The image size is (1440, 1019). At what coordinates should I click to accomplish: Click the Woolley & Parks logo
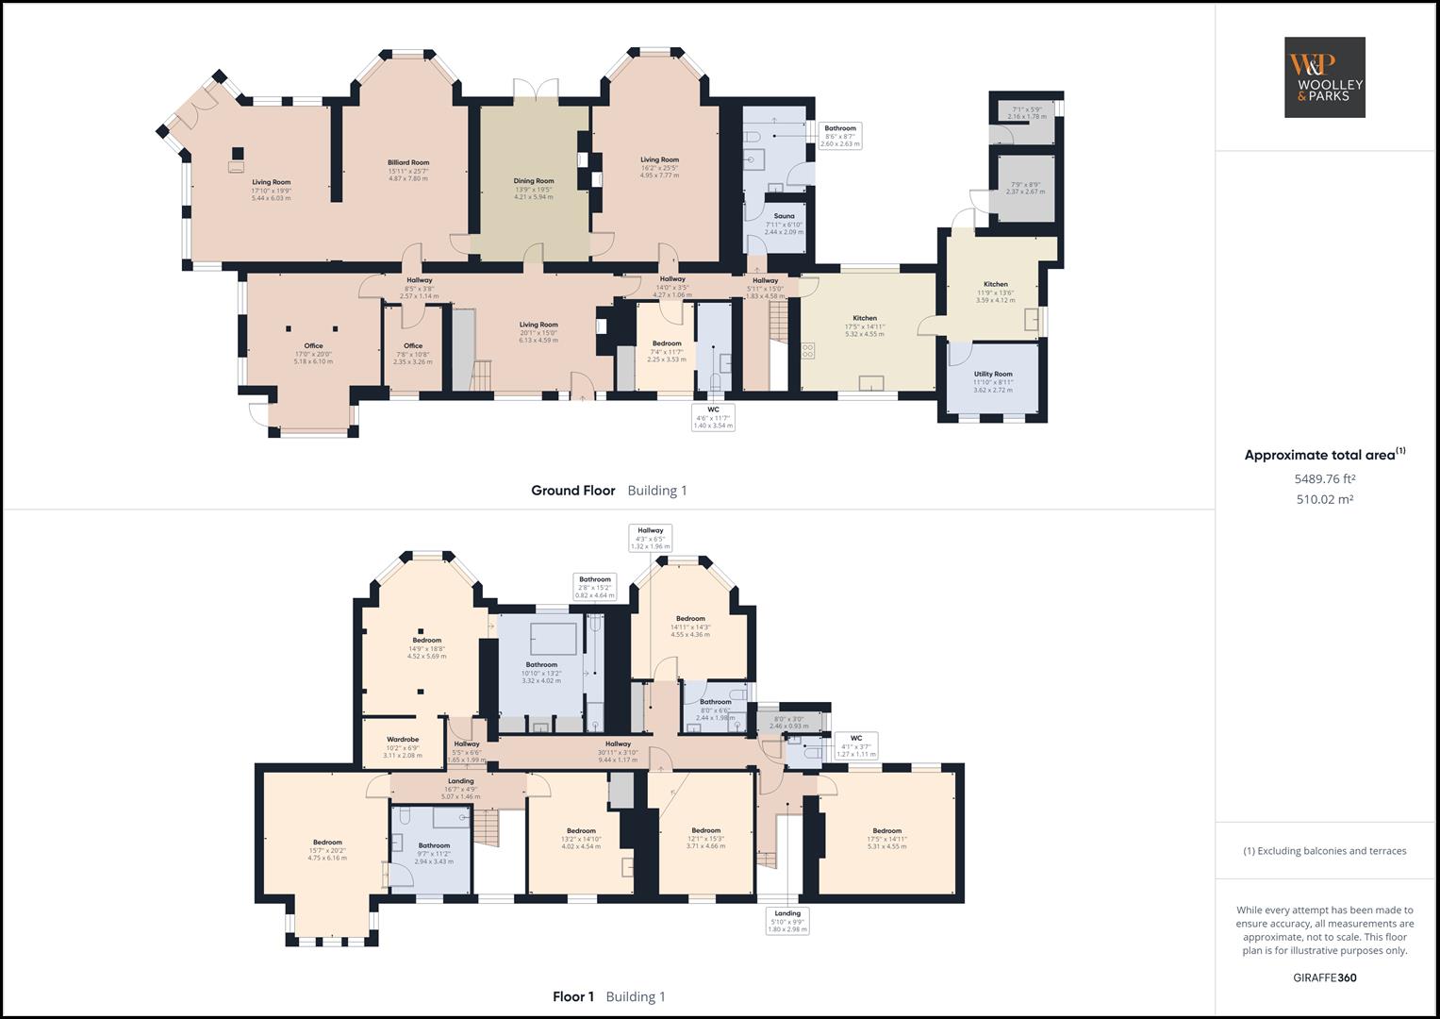(x=1324, y=77)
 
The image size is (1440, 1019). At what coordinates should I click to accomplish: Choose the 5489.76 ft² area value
(x=1324, y=478)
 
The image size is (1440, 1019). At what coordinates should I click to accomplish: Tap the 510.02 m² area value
(x=1324, y=499)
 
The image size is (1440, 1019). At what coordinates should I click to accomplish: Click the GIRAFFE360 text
(x=1324, y=977)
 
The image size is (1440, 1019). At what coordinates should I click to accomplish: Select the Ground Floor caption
(x=572, y=491)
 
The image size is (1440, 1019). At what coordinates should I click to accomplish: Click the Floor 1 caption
(x=572, y=996)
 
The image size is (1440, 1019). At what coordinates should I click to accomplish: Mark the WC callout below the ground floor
(x=713, y=417)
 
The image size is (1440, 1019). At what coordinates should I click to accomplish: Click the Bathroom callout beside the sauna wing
(x=840, y=136)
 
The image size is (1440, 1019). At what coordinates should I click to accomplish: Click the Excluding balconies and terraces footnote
(x=1324, y=851)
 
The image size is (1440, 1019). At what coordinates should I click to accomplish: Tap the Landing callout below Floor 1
(x=787, y=921)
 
